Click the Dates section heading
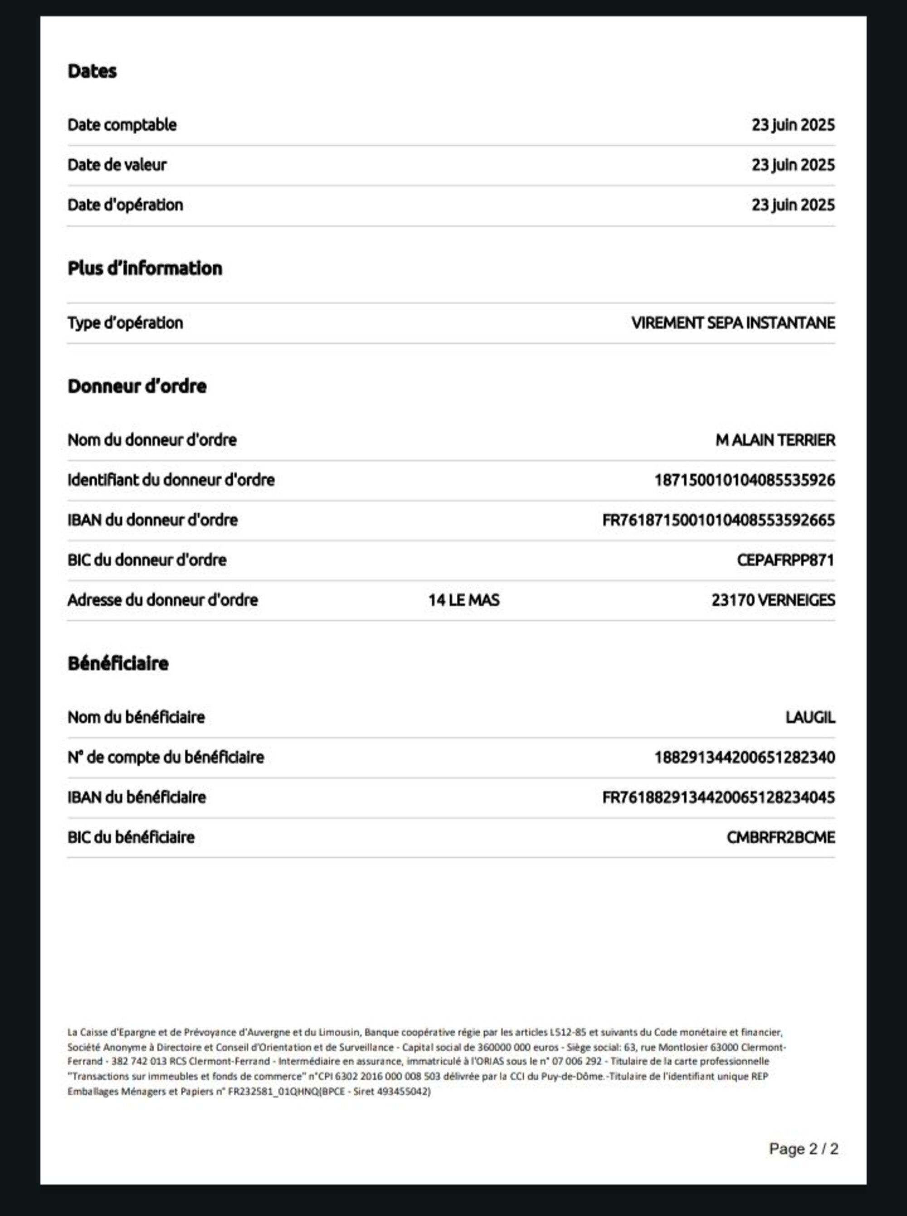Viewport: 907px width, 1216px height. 92,71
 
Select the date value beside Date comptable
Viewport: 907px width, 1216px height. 793,125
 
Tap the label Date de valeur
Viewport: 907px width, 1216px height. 117,165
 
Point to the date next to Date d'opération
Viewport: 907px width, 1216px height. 793,205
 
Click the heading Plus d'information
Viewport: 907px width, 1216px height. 145,269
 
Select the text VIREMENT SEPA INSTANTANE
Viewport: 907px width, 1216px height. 733,323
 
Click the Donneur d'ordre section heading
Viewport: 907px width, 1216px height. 137,386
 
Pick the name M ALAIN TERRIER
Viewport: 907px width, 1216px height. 775,440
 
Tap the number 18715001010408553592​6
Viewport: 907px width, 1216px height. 745,480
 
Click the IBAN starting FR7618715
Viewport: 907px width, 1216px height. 718,520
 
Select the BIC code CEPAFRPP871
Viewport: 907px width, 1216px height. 785,560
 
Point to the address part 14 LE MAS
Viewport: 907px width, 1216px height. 464,600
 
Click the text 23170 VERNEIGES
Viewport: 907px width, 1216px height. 773,600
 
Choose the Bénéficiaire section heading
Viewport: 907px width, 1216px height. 118,664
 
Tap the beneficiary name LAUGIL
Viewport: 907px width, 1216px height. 810,717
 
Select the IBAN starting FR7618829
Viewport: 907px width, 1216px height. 718,797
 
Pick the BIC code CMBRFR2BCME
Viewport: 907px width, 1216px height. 781,837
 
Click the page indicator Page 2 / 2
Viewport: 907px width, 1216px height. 803,1148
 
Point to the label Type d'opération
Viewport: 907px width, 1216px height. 125,323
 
